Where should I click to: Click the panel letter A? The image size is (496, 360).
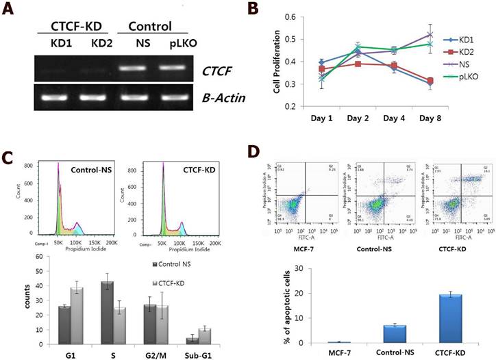point(9,12)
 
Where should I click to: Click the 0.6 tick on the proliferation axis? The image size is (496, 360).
point(290,16)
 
